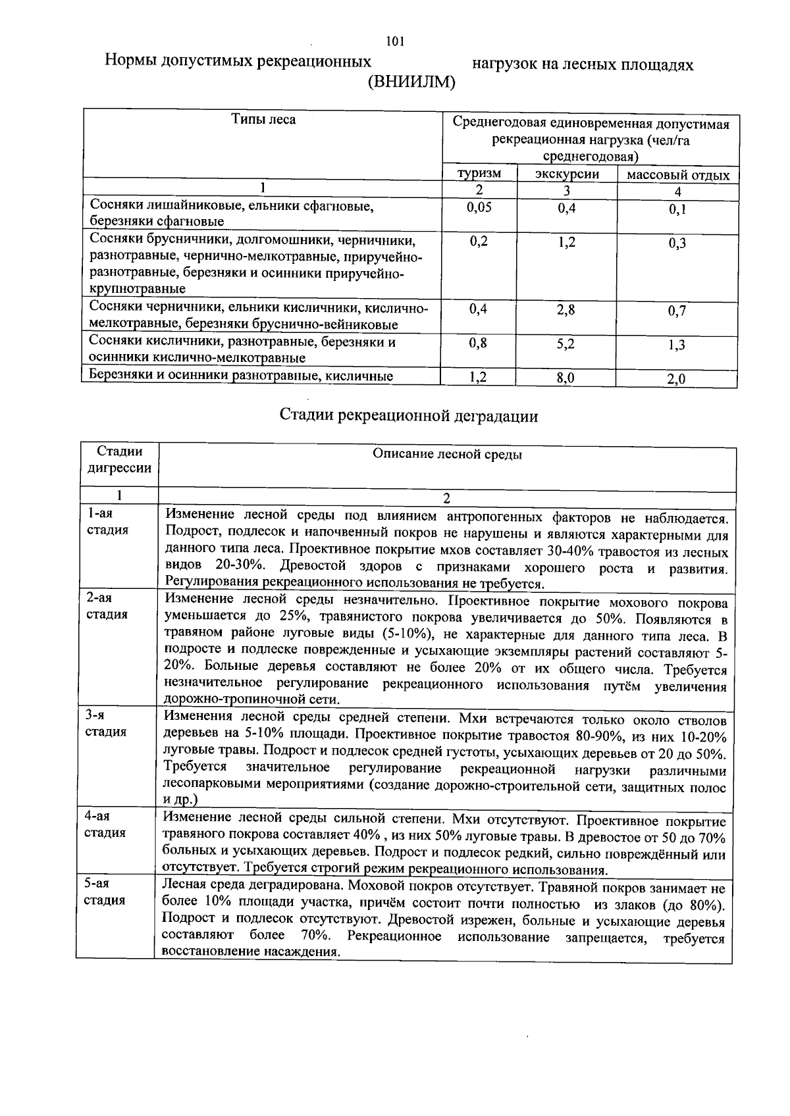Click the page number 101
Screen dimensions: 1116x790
(395, 41)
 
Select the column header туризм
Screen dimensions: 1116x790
(479, 174)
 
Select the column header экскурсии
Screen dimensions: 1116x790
(567, 174)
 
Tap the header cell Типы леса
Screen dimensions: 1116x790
(263, 120)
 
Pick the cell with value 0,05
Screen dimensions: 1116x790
(479, 207)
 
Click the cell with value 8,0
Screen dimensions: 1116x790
(566, 378)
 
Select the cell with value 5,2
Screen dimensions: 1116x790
(566, 343)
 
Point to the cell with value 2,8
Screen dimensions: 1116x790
(566, 309)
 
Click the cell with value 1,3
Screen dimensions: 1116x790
(677, 344)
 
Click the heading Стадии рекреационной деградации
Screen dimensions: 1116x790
(408, 416)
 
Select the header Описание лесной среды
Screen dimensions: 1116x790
(447, 454)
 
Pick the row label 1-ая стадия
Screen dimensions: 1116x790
(107, 521)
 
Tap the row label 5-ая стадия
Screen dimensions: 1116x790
(105, 892)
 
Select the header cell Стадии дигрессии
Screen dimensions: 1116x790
(119, 460)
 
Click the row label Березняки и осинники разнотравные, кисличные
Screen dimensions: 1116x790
(241, 376)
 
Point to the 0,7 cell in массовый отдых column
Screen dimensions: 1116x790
(677, 311)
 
